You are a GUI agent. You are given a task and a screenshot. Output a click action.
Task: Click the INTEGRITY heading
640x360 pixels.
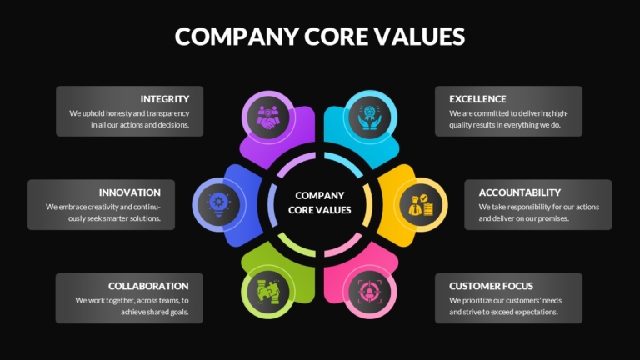pyautogui.click(x=165, y=99)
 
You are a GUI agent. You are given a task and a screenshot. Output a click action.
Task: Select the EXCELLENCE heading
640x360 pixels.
pyautogui.click(x=477, y=99)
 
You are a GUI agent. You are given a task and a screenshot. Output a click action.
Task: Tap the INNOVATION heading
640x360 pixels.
pyautogui.click(x=130, y=192)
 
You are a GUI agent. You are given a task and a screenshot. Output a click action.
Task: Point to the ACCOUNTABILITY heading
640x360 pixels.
pyautogui.click(x=520, y=192)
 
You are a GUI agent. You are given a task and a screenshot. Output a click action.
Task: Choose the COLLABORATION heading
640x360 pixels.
pyautogui.click(x=148, y=286)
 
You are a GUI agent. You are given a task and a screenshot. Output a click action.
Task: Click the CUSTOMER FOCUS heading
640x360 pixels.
pyautogui.click(x=491, y=286)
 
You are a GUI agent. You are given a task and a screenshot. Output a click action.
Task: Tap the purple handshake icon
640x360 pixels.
pyautogui.click(x=267, y=117)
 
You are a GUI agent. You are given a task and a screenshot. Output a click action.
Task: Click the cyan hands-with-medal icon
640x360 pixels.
pyautogui.click(x=370, y=117)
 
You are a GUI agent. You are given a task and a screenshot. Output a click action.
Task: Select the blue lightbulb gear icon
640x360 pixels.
pyautogui.click(x=219, y=204)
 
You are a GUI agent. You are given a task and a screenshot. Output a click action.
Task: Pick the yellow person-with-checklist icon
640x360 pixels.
pyautogui.click(x=421, y=204)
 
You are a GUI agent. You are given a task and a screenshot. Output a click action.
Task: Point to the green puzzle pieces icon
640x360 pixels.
pyautogui.click(x=267, y=292)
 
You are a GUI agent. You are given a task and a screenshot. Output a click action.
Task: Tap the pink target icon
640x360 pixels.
pyautogui.click(x=370, y=292)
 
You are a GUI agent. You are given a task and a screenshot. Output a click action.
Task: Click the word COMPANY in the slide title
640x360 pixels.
pyautogui.click(x=237, y=37)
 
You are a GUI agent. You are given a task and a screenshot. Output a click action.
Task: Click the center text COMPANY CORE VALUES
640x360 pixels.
pyautogui.click(x=320, y=202)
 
